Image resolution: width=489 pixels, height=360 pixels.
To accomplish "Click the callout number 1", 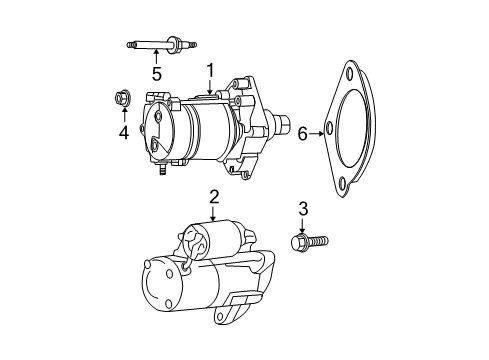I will (x=211, y=69).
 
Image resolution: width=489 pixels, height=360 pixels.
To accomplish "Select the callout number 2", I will (x=213, y=196).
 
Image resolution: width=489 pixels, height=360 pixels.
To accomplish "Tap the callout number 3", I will (x=303, y=208).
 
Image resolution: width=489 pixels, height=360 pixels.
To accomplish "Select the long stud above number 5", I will (x=155, y=44).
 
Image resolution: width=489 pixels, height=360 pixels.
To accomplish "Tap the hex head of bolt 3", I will (x=297, y=241).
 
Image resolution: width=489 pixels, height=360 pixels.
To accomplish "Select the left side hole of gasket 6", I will (x=329, y=131).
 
